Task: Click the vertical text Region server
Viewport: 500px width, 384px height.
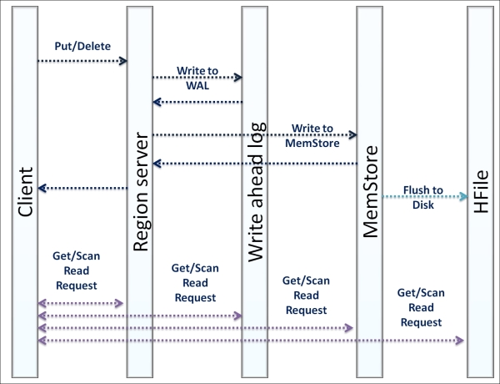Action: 139,192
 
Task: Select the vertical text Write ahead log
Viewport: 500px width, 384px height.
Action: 254,192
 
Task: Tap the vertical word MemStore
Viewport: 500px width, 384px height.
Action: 369,192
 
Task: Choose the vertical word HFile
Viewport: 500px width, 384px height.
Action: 481,192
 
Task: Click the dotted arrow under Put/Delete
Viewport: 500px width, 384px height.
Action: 82,61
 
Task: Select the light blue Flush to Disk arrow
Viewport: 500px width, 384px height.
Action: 422,198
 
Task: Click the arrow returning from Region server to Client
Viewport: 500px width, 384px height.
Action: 82,189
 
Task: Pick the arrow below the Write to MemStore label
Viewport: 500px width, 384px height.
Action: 254,134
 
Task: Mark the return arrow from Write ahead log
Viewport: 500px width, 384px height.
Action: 196,102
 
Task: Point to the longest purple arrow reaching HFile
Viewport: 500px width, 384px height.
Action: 250,341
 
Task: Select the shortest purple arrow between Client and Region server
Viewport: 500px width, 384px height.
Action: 82,304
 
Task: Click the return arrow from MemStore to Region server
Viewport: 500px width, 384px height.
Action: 254,163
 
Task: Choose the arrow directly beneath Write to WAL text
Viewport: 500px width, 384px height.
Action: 196,78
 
